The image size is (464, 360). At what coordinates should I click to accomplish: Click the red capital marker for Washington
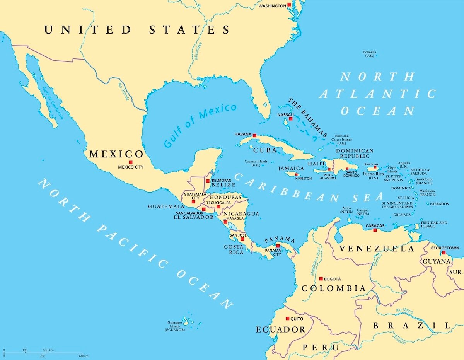(289, 5)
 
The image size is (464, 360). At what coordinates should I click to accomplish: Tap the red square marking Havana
(254, 135)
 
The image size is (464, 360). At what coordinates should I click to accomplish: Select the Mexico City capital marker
(131, 162)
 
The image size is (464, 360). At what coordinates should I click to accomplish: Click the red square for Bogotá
(321, 278)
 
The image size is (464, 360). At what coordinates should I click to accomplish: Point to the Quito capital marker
(287, 319)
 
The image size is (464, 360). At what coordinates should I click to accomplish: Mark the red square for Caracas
(375, 230)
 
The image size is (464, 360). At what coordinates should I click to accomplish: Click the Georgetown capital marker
(444, 253)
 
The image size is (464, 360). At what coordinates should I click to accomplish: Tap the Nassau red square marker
(290, 119)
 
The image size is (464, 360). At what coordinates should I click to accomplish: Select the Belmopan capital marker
(208, 181)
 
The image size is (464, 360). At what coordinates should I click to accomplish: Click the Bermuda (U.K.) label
(370, 54)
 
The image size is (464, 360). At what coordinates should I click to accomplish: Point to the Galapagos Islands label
(175, 326)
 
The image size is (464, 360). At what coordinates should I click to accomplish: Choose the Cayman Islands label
(256, 163)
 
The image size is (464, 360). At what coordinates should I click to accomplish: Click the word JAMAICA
(291, 169)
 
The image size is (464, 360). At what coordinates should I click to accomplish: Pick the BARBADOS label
(439, 204)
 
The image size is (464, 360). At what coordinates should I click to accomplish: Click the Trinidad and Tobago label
(434, 225)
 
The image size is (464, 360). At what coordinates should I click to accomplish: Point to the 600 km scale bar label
(48, 350)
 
